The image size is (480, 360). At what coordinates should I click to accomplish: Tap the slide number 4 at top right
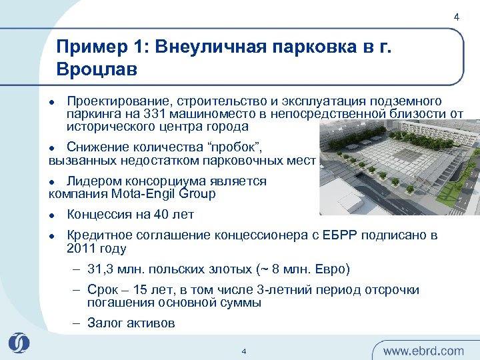pos(456,17)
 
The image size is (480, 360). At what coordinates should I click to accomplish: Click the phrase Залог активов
pos(131,323)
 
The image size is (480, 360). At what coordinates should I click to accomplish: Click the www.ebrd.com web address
pos(423,350)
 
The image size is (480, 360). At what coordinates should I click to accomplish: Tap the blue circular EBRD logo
pos(19,343)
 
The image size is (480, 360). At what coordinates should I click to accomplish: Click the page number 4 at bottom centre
pos(244,351)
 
